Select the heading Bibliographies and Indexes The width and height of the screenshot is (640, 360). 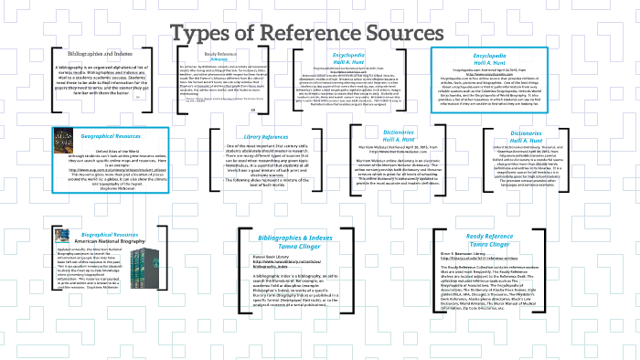coord(100,54)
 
